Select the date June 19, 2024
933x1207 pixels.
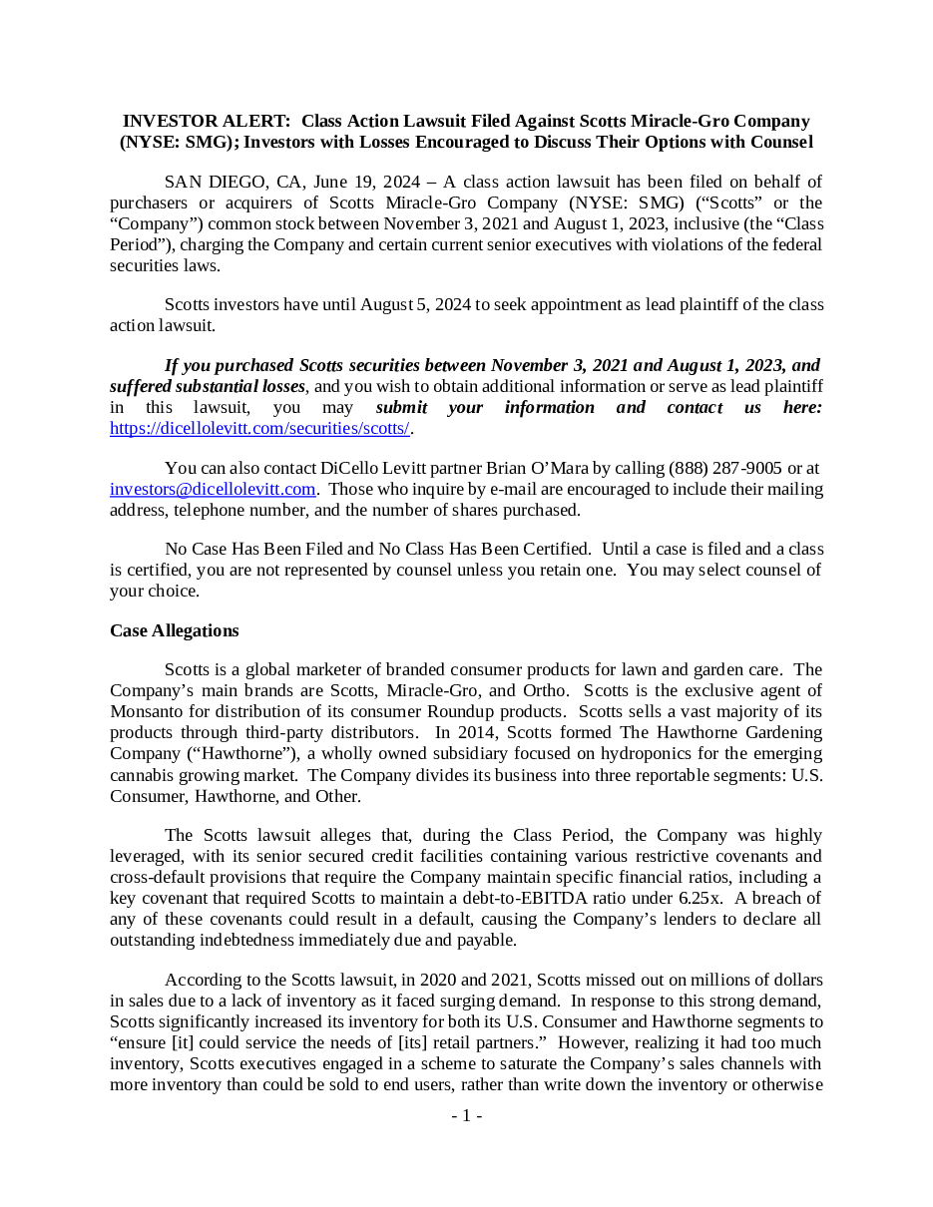pos(366,182)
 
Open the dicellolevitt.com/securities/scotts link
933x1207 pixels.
pos(259,428)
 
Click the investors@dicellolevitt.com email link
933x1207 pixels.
pos(213,489)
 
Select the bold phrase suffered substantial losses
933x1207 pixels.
pos(207,386)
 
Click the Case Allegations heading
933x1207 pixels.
pos(174,630)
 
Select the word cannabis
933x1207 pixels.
pos(144,775)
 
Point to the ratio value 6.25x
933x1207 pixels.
pos(699,898)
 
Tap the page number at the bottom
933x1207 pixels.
pos(466,1116)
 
